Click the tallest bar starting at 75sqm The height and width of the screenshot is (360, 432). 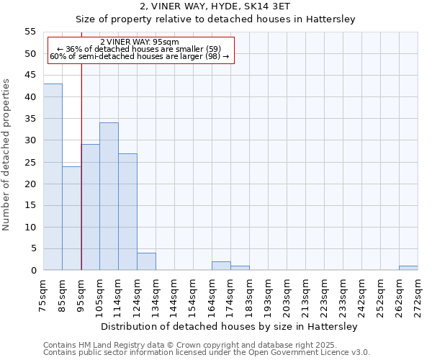[x=53, y=177]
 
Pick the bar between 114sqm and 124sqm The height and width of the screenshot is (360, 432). [x=127, y=212]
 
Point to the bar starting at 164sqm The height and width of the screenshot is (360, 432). [x=221, y=266]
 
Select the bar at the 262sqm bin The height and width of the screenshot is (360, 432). [x=408, y=269]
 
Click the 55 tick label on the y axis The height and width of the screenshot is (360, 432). [x=30, y=32]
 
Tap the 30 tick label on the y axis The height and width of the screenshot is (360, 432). [x=30, y=140]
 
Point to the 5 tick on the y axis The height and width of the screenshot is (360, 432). [x=33, y=249]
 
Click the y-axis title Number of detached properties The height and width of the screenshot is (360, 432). [x=7, y=154]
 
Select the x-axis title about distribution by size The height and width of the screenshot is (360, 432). [x=229, y=326]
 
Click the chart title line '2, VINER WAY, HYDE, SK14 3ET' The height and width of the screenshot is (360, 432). [x=215, y=6]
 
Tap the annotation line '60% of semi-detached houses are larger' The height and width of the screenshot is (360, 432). [x=139, y=56]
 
